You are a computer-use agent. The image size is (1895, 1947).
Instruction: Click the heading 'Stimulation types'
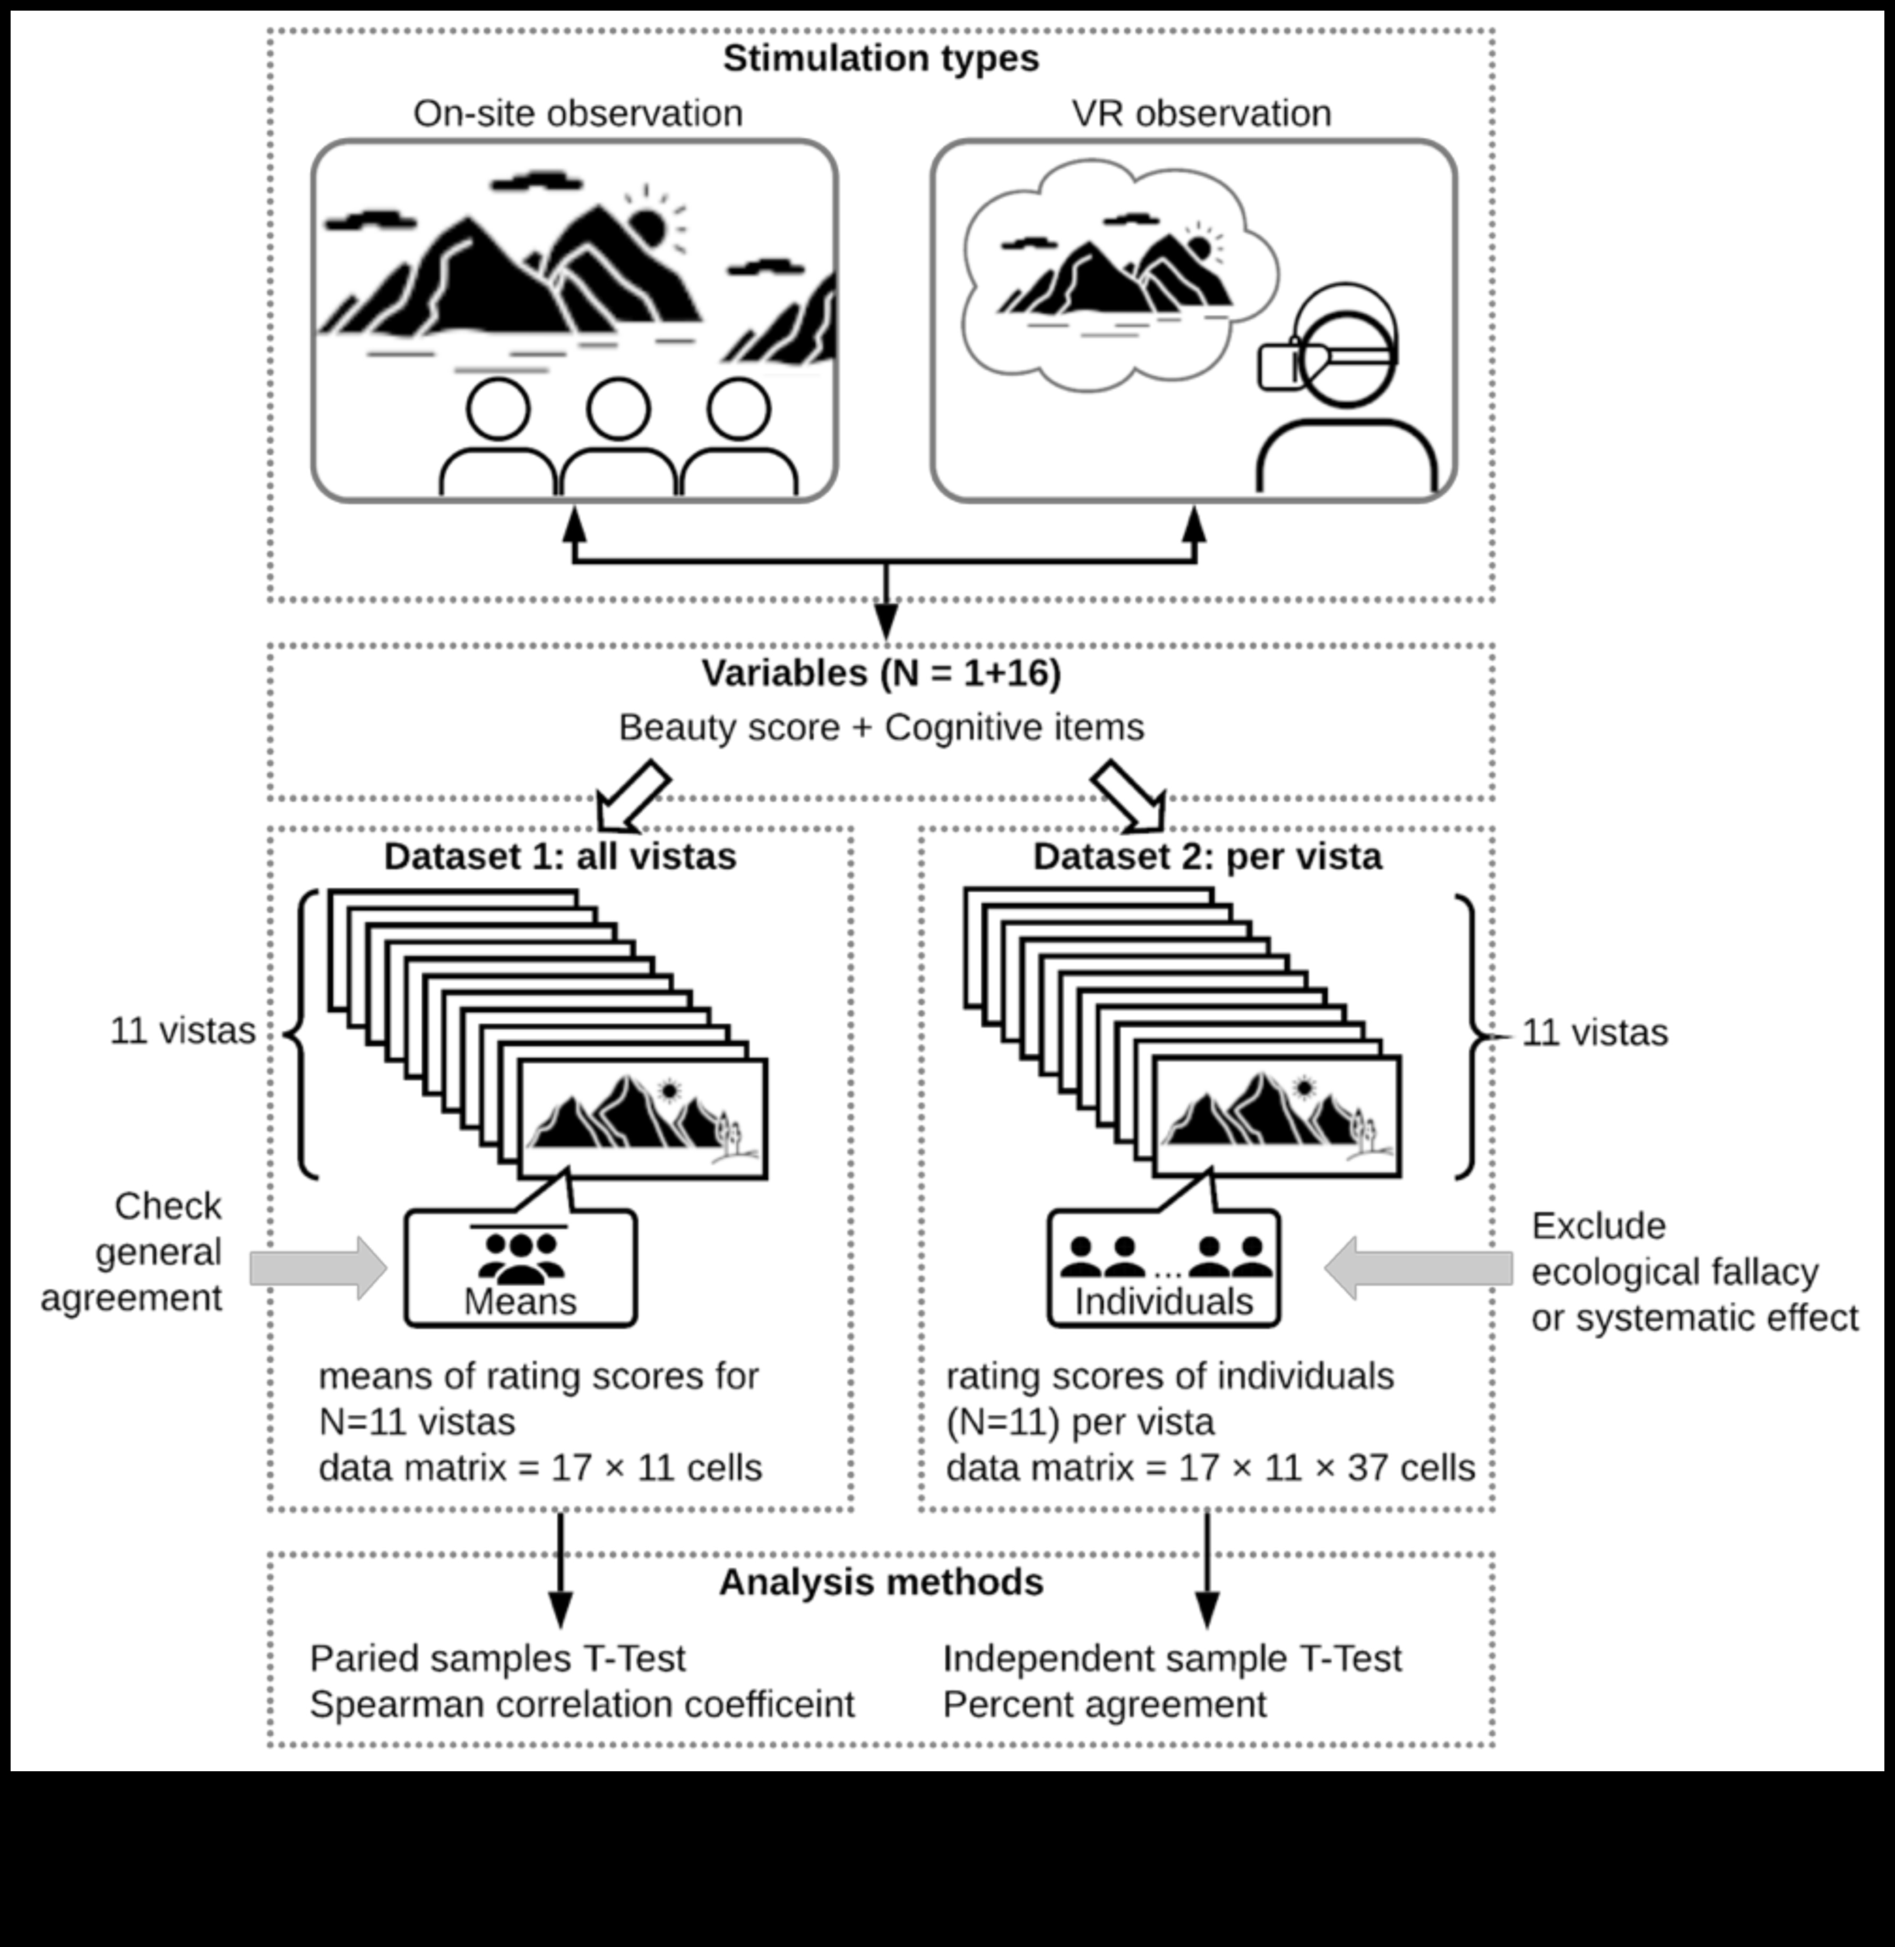pyautogui.click(x=881, y=58)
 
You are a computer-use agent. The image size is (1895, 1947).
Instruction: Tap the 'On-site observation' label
pyautogui.click(x=578, y=114)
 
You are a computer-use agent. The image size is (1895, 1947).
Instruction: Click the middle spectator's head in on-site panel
pyautogui.click(x=618, y=408)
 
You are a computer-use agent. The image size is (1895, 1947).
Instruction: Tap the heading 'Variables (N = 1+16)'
pyautogui.click(x=881, y=673)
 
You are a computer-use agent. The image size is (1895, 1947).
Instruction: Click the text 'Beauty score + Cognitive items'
pyautogui.click(x=881, y=727)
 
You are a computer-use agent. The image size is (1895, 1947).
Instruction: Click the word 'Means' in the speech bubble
pyautogui.click(x=520, y=1301)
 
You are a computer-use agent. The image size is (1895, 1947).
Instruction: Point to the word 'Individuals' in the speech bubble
pyautogui.click(x=1164, y=1301)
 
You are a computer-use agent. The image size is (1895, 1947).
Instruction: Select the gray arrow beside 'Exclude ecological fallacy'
pyautogui.click(x=1418, y=1268)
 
